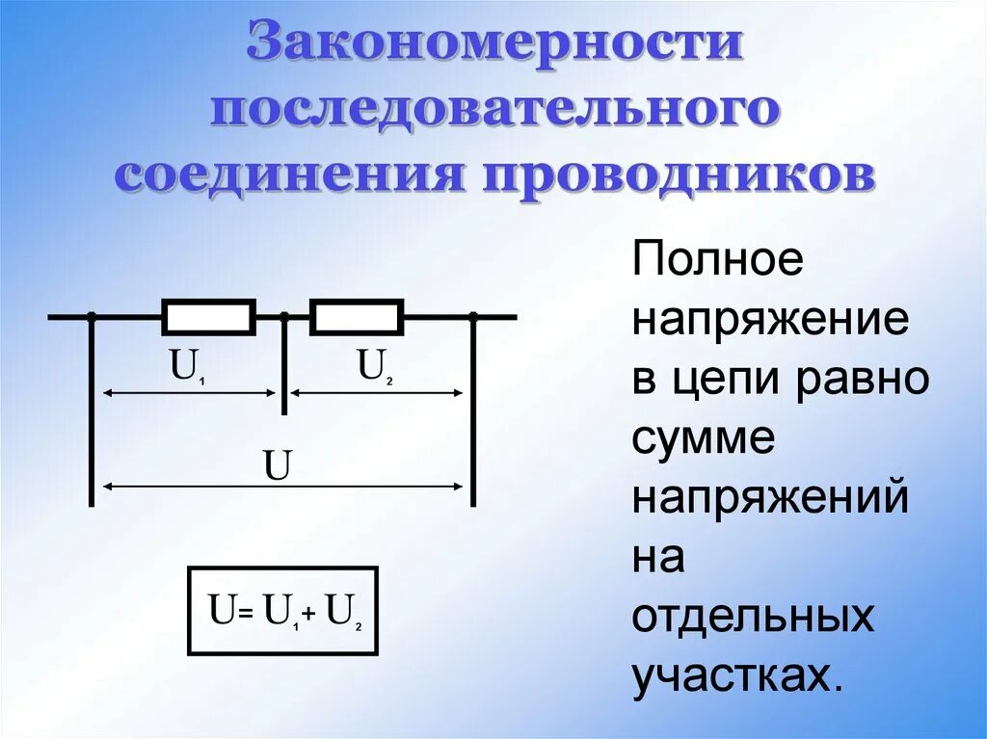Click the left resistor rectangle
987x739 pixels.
(x=208, y=316)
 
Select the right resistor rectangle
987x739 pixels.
(x=356, y=316)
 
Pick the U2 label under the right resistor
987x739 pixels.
(x=375, y=367)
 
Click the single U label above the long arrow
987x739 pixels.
(x=278, y=466)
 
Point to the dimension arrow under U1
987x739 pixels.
(x=190, y=392)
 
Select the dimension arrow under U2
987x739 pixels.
(x=377, y=392)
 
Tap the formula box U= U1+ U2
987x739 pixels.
(x=281, y=610)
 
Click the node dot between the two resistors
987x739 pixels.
(x=284, y=316)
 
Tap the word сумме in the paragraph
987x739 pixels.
(x=704, y=439)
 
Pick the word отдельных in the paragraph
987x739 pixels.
(x=753, y=617)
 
